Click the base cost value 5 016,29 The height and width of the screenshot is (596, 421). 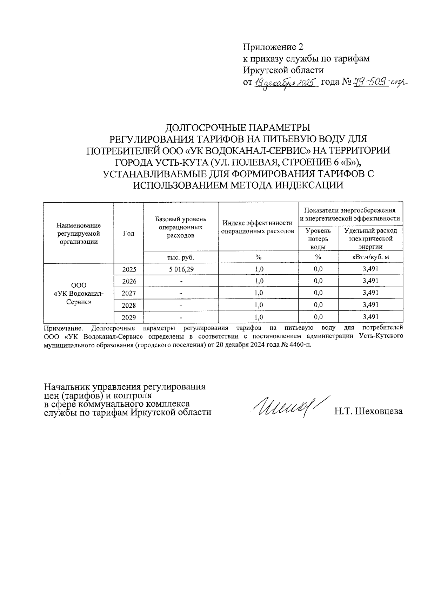click(180, 269)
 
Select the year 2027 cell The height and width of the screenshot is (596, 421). click(129, 293)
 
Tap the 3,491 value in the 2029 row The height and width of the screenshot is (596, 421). click(370, 317)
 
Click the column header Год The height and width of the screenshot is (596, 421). click(129, 233)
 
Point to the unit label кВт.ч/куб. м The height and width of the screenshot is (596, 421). click(370, 257)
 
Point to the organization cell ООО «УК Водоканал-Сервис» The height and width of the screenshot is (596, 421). click(79, 293)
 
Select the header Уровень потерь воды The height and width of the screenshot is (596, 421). click(318, 239)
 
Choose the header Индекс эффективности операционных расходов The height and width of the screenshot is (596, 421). click(258, 227)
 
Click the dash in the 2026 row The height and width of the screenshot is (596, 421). click(180, 281)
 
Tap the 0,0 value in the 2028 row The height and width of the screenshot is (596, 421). click(318, 305)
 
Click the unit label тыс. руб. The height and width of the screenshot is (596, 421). click(180, 257)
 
